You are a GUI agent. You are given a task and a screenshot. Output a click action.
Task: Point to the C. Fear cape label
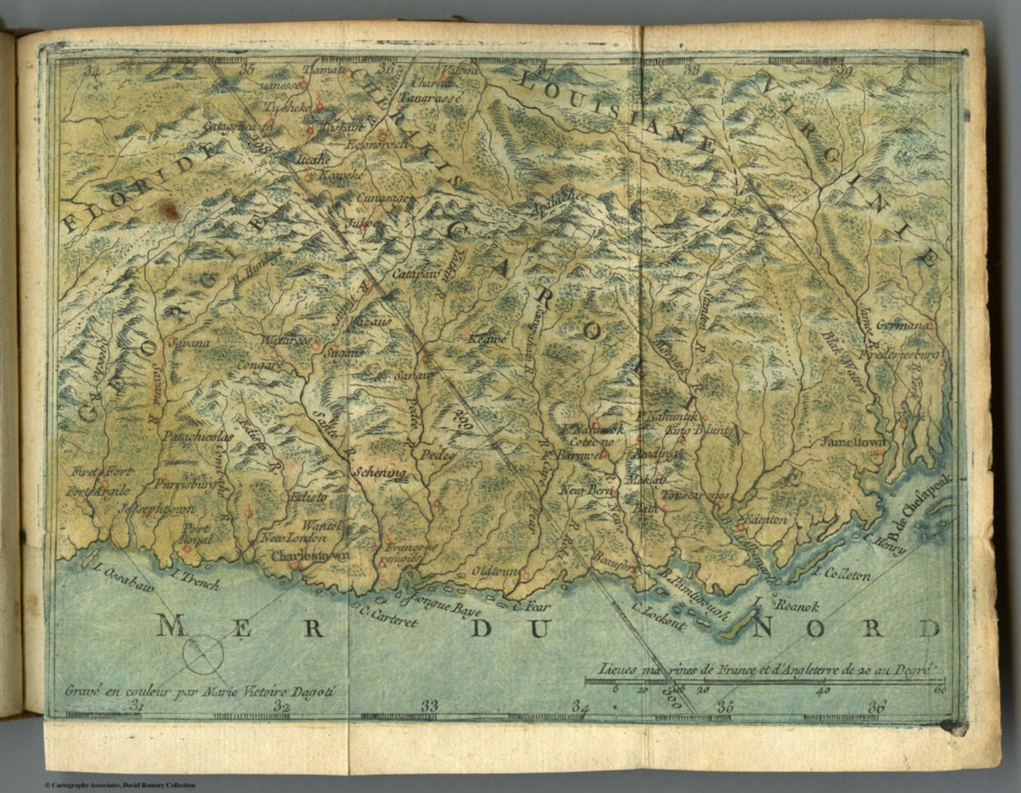(532, 606)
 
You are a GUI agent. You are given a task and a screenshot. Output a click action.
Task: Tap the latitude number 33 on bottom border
(429, 705)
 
